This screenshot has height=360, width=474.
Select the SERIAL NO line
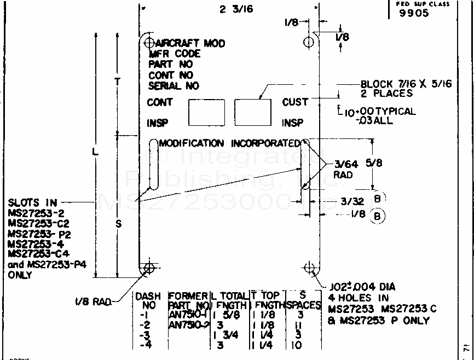[x=174, y=86]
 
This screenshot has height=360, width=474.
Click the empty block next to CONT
[x=206, y=112]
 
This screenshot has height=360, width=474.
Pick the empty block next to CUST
[x=253, y=112]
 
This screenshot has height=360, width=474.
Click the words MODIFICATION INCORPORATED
[x=230, y=143]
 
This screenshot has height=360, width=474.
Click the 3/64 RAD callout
[x=343, y=169]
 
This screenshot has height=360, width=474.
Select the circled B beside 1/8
[x=377, y=216]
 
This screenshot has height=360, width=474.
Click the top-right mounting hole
[x=309, y=42]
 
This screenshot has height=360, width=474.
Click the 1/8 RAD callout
[x=93, y=301]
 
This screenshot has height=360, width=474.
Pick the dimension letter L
[x=95, y=153]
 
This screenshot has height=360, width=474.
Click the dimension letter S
[x=119, y=224]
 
